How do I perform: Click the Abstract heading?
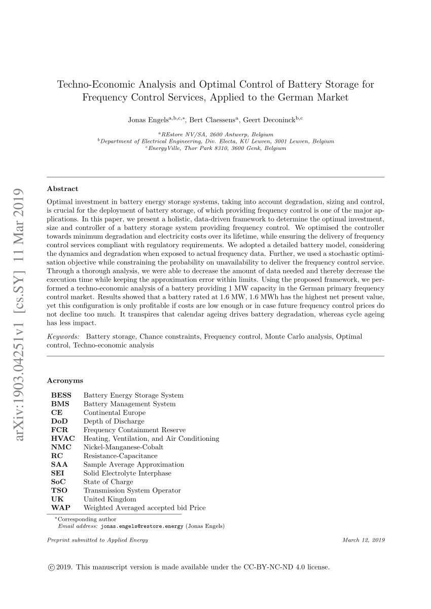point(62,188)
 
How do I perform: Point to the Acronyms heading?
point(65,380)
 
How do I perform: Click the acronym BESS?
point(61,395)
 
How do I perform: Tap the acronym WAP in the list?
point(60,508)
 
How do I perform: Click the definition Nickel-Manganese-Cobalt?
point(123,447)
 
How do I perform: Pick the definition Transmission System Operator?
point(132,490)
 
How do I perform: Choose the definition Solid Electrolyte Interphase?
point(127,473)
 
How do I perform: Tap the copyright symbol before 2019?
point(50,567)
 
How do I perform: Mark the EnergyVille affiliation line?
point(215,148)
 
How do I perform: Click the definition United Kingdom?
point(110,499)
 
